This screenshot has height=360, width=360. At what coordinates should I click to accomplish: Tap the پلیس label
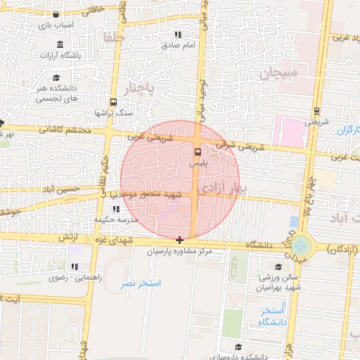pos(197,162)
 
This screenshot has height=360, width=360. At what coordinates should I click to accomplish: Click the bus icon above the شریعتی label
pos(317,110)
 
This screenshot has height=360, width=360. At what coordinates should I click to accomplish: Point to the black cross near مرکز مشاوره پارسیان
pos(180,240)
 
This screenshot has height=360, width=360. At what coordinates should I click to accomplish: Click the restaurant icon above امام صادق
pos(179,34)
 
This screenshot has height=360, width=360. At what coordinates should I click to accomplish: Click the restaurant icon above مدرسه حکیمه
pos(115,209)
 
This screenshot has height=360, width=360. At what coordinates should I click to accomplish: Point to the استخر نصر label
pos(140,283)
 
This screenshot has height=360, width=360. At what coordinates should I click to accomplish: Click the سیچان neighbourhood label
pos(279,72)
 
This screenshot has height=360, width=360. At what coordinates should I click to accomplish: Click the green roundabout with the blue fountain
pos(301,245)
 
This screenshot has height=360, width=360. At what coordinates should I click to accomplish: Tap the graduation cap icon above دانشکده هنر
pos(56,77)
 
